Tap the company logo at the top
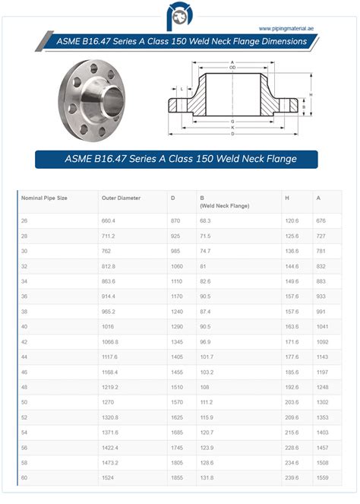point(181,14)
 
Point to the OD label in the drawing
point(233,68)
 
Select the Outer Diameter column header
point(121,198)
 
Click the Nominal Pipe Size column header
point(45,198)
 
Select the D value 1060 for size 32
point(177,267)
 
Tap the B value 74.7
point(205,251)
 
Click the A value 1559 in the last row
point(323,477)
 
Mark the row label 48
point(25,387)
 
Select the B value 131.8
point(207,477)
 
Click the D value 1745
point(177,447)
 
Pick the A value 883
point(321,281)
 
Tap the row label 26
point(25,220)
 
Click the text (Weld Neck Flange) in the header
point(225,205)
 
